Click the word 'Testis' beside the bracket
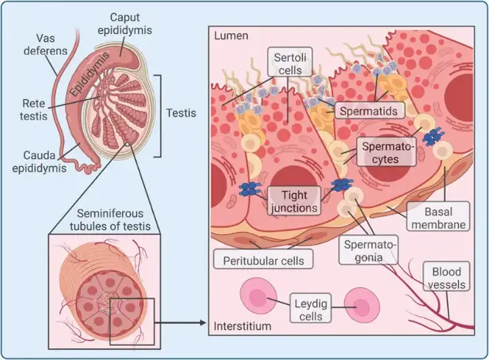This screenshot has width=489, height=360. pyautogui.click(x=181, y=112)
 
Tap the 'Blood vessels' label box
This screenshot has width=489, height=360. pyautogui.click(x=447, y=277)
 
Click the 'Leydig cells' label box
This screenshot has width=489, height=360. pyautogui.click(x=308, y=303)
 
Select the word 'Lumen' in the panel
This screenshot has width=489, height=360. pyautogui.click(x=229, y=36)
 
